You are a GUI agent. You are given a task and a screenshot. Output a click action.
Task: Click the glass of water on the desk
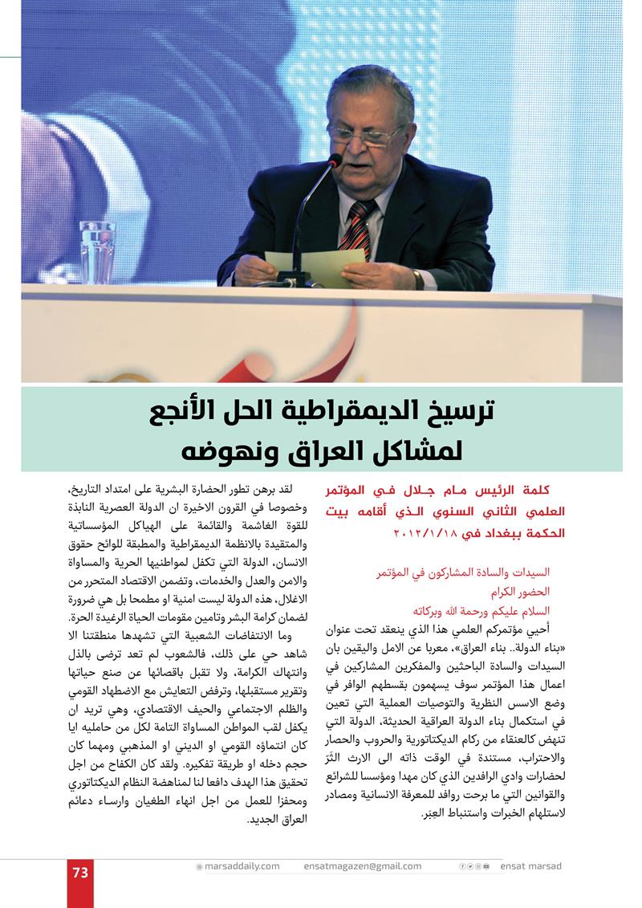[98, 250]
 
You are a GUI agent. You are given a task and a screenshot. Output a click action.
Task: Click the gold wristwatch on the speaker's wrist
[418, 278]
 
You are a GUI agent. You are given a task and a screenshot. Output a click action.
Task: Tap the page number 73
[80, 872]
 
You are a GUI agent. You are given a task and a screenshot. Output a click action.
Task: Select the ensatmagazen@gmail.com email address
[363, 866]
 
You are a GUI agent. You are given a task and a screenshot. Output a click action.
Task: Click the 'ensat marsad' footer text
[531, 866]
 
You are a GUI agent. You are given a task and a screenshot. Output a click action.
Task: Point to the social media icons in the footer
[476, 866]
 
